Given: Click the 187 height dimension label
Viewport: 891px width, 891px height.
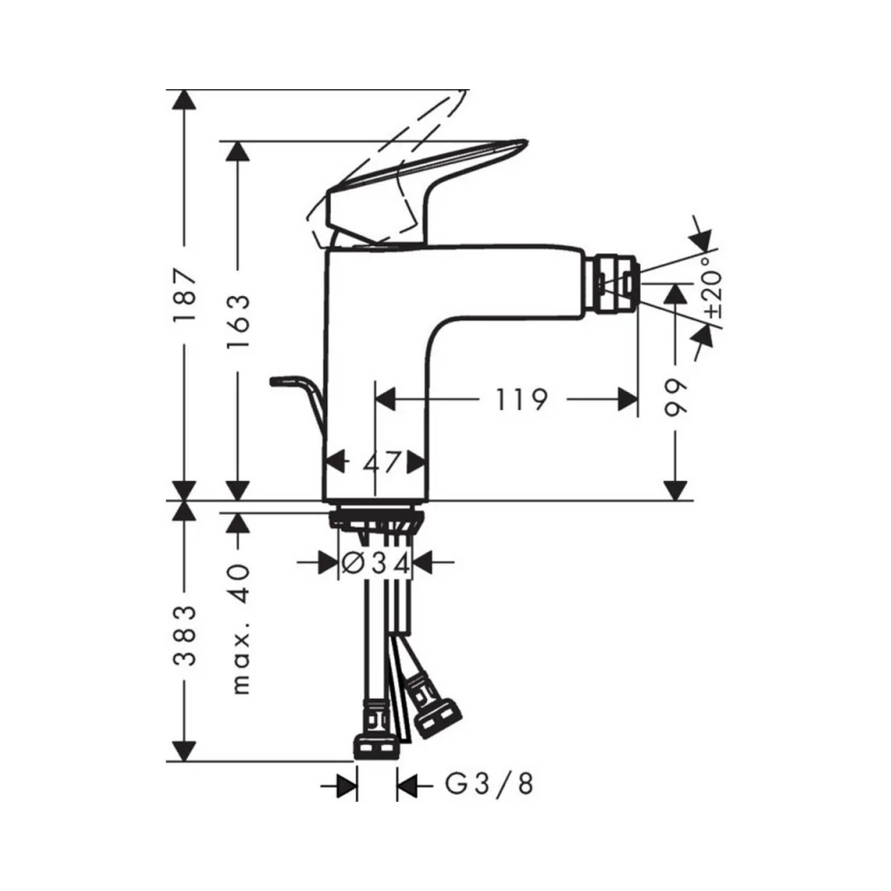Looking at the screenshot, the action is coord(185,295).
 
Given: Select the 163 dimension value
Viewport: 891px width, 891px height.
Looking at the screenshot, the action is coord(239,322).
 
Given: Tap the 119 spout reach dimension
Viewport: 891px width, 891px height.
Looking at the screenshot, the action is coord(522,399).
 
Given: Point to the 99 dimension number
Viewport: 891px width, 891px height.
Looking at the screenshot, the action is coord(676,397).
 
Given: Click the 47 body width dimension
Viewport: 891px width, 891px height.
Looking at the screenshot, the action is coord(382,462).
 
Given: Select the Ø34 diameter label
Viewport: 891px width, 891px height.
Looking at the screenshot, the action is coord(376,563).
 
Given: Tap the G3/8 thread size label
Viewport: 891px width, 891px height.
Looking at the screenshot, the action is coord(488,785).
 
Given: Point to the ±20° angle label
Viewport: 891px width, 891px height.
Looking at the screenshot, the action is coord(713,286).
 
